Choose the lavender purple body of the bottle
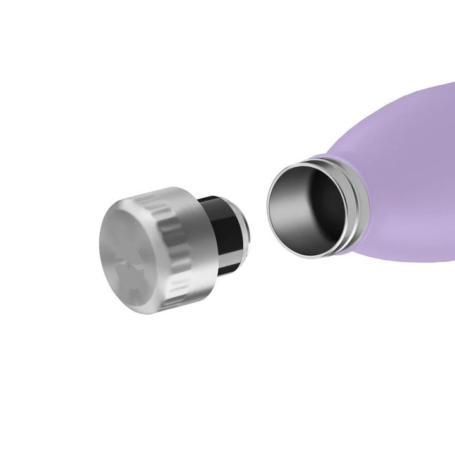coord(404,158)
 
